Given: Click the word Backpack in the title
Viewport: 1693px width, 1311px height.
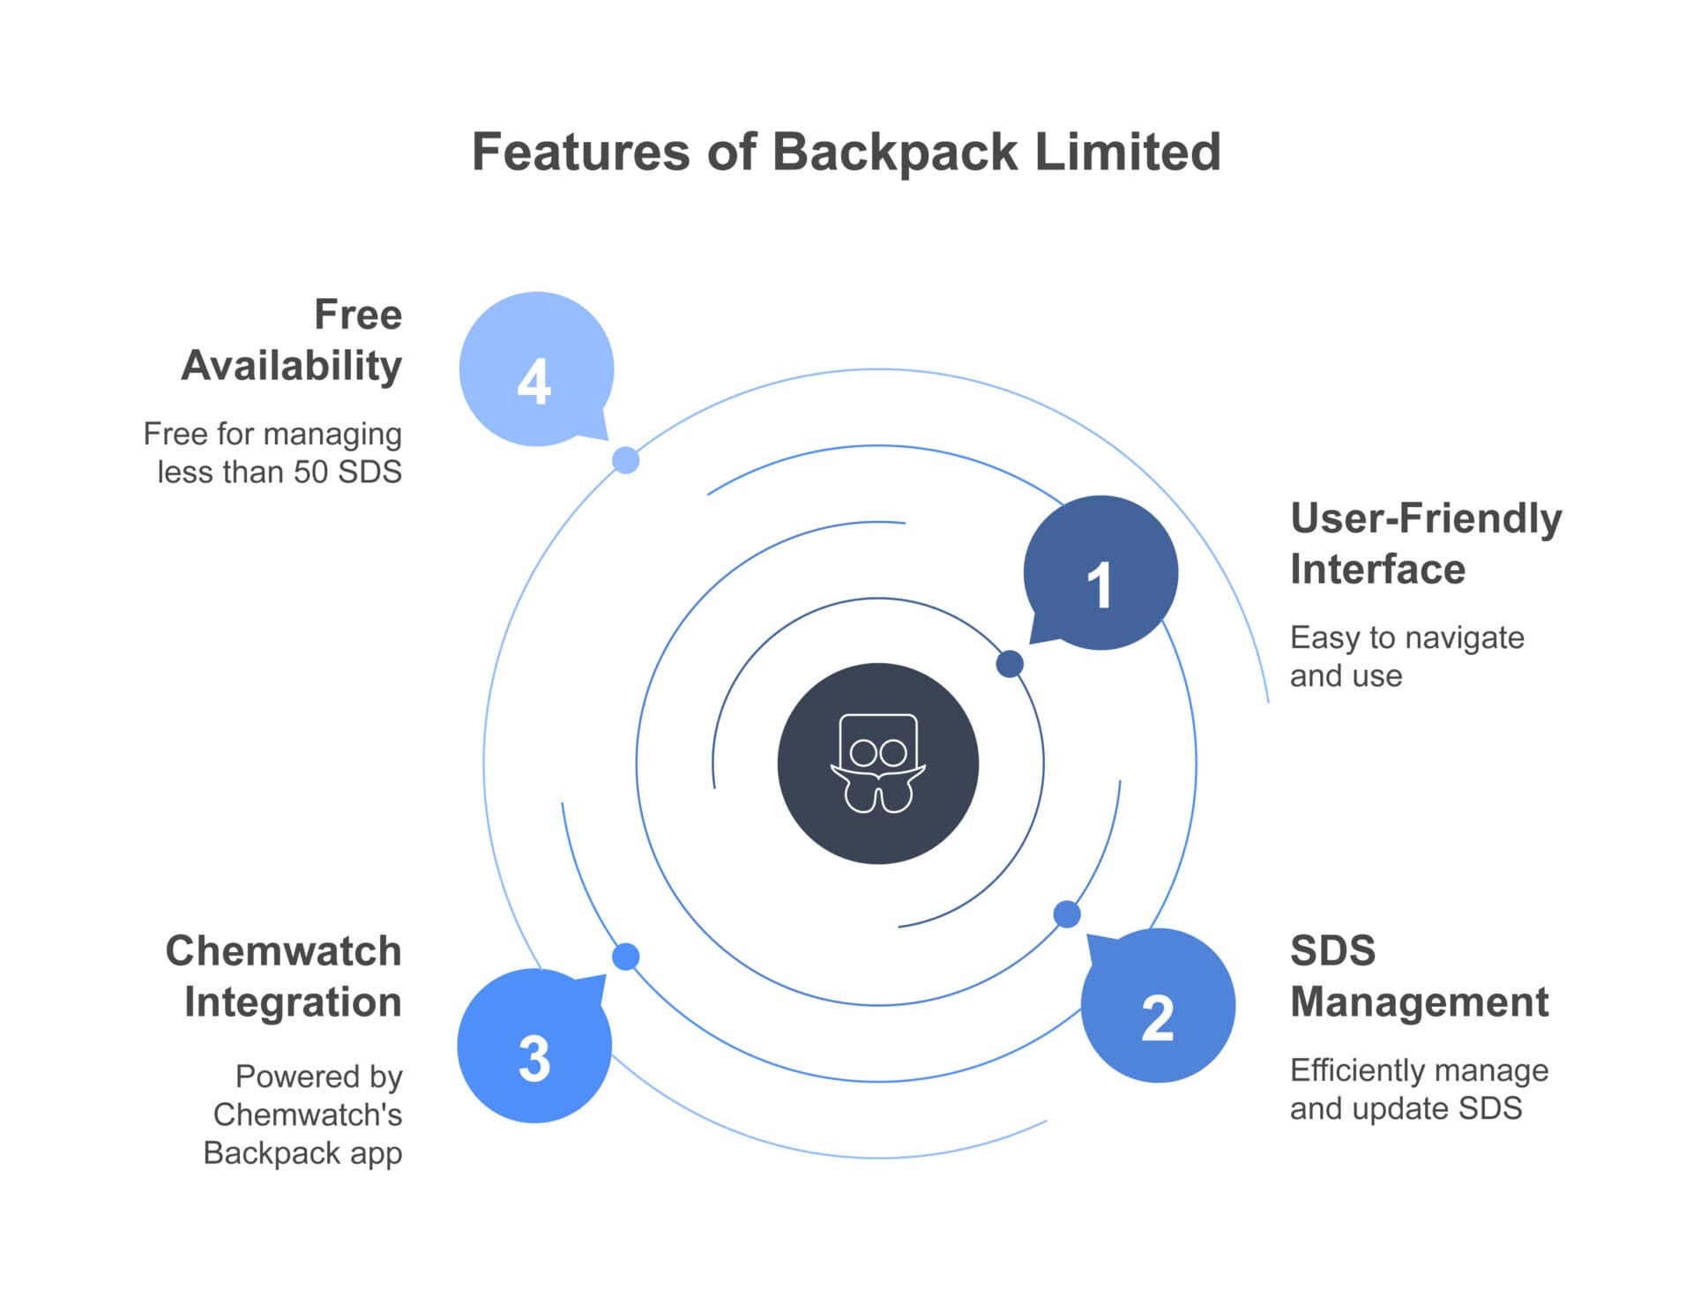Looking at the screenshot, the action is (x=895, y=153).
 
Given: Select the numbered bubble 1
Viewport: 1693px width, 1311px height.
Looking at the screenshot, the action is (x=1100, y=573).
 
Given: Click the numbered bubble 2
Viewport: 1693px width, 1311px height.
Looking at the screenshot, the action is (x=1158, y=1006).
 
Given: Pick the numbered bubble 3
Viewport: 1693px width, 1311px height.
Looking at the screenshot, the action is (x=534, y=1046).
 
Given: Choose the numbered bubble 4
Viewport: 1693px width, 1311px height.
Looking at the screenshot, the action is (x=536, y=369).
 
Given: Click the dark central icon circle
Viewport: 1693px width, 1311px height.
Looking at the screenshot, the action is (x=878, y=764).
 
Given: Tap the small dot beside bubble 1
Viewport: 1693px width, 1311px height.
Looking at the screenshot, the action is (x=1010, y=664).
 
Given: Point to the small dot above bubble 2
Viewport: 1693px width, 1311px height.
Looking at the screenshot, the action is (x=1067, y=914).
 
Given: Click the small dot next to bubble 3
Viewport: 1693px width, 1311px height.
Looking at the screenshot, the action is (x=626, y=957).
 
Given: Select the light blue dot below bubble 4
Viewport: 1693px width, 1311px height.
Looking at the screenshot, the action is (x=626, y=460).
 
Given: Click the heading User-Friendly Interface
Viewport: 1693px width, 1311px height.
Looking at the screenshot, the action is (x=1426, y=543).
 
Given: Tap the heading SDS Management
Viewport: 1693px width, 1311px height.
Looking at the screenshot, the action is (x=1420, y=976).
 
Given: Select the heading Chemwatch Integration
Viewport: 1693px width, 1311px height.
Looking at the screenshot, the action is (x=284, y=976).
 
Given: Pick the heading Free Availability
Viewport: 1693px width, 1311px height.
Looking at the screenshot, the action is (x=292, y=340).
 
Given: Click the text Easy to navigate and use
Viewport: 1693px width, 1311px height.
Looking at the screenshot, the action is (x=1407, y=656).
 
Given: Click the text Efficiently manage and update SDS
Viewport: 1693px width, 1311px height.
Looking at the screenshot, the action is (x=1420, y=1089).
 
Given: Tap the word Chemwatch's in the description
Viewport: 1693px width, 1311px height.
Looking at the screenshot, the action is (x=308, y=1114).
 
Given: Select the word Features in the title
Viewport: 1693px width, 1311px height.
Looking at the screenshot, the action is (x=582, y=152).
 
